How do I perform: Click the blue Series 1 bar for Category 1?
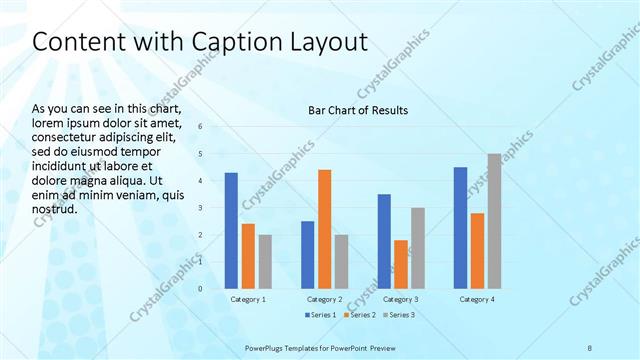(x=231, y=230)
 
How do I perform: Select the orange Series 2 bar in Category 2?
(x=325, y=229)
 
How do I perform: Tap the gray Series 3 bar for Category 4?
(x=494, y=221)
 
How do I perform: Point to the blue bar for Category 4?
(x=460, y=227)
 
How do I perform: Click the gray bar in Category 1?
(x=265, y=261)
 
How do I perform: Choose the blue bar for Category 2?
(x=308, y=254)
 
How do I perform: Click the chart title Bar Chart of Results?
(x=357, y=110)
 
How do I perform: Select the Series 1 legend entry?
(x=318, y=316)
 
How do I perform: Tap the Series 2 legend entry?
(x=359, y=316)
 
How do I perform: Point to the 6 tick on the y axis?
(x=201, y=127)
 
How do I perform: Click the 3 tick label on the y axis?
(x=201, y=208)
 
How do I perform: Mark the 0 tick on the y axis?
(x=201, y=289)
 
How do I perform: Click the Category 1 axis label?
(x=248, y=299)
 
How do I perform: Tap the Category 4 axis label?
(x=476, y=299)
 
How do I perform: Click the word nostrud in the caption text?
(x=55, y=210)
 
